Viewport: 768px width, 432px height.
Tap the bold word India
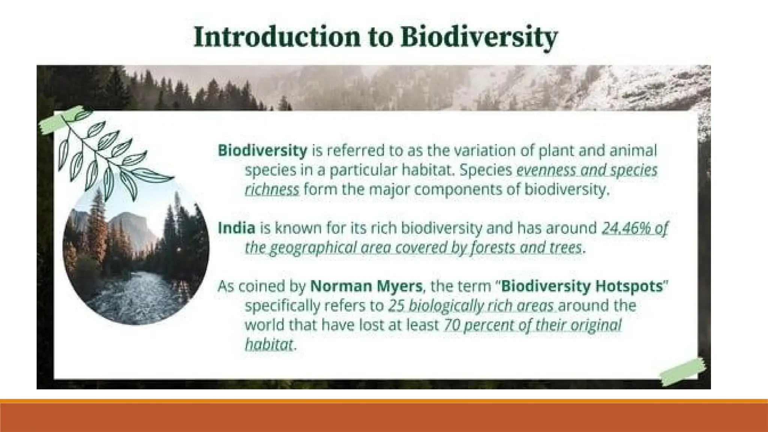coord(236,228)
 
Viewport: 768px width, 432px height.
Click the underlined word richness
coord(272,190)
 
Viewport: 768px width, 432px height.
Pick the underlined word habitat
coord(268,344)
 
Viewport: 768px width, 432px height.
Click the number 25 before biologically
coord(396,306)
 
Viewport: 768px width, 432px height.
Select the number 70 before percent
coord(451,325)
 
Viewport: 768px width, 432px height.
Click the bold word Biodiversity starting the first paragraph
coord(262,151)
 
